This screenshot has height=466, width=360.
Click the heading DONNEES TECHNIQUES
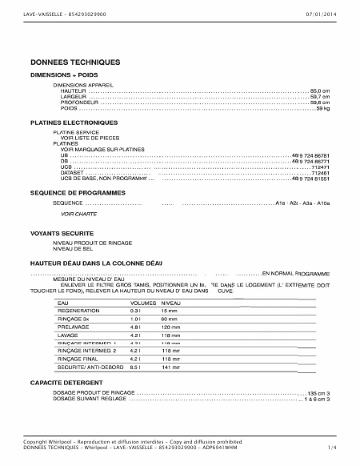[x=75, y=62]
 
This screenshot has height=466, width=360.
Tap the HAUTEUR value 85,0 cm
[x=319, y=91]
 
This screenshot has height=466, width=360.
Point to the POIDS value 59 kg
[x=323, y=108]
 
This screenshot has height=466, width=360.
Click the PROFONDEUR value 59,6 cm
[x=319, y=102]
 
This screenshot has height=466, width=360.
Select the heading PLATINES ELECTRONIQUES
[x=74, y=123]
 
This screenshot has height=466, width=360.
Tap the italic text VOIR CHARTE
[x=79, y=215]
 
